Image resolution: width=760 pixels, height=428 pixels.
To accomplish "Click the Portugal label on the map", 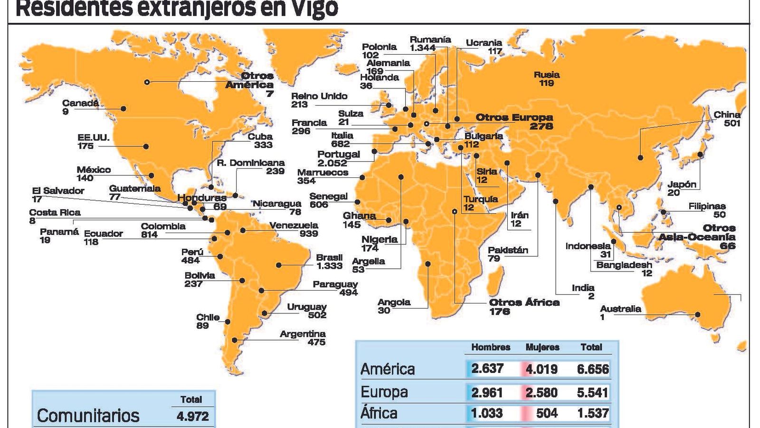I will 339,154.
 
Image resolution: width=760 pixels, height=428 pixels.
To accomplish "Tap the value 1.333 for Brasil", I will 329,266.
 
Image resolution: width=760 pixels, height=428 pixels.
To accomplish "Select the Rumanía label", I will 430,40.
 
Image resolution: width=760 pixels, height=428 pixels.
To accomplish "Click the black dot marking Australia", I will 698,314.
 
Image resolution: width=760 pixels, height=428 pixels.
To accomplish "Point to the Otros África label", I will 524,302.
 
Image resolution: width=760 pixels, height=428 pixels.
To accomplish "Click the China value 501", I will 732,123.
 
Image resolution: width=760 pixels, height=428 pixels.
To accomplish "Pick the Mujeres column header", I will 542,347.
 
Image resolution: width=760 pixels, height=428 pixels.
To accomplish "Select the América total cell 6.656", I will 593,369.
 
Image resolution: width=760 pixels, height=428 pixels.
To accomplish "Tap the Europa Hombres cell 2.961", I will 487,392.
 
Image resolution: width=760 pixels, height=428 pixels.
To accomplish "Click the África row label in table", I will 379,413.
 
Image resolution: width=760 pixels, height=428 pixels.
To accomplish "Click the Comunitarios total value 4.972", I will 192,416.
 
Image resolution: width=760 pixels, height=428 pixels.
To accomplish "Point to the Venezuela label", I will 294,225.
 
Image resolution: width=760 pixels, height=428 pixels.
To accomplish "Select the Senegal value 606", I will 319,204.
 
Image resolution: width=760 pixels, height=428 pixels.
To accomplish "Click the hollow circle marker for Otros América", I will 147,82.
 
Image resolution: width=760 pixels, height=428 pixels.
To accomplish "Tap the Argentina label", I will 303,334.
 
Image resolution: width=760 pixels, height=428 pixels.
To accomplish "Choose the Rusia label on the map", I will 547,75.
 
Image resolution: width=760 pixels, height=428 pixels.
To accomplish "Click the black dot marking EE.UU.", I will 146,146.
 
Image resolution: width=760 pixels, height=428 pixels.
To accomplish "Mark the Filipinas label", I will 707,206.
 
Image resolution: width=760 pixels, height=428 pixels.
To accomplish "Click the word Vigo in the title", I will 312,9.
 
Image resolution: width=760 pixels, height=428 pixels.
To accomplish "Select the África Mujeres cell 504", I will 546,413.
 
